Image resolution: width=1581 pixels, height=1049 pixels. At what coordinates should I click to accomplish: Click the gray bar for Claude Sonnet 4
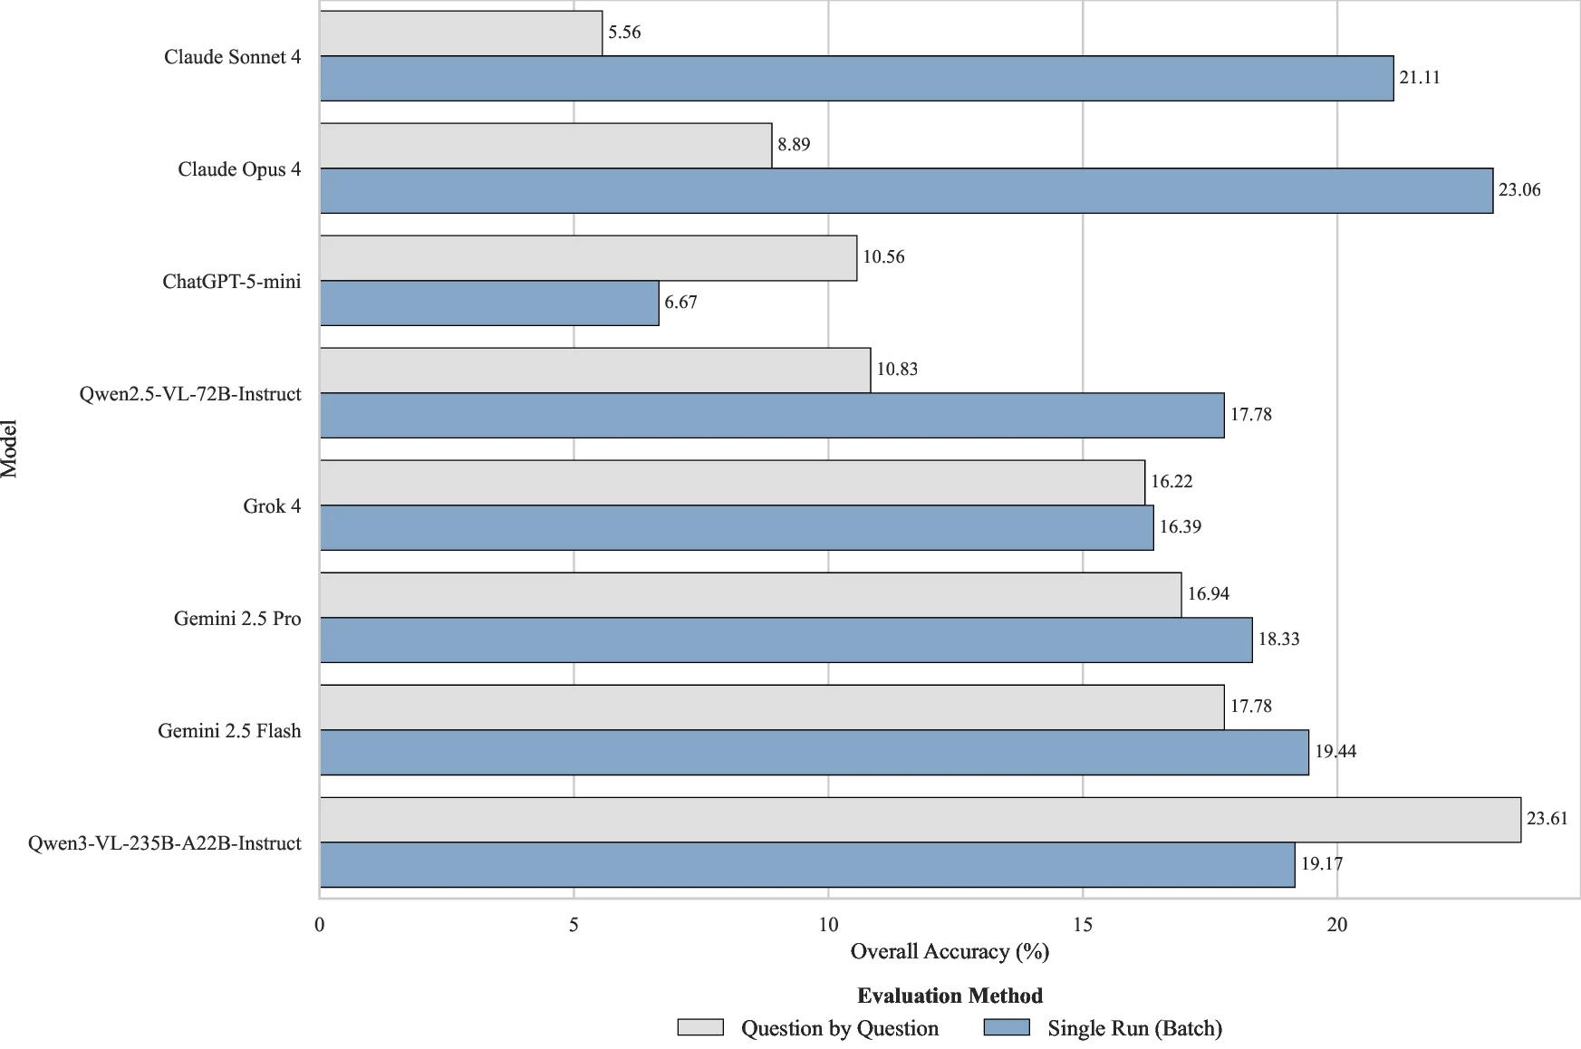(x=461, y=34)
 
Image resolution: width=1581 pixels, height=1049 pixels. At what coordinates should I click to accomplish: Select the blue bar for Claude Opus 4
(x=906, y=191)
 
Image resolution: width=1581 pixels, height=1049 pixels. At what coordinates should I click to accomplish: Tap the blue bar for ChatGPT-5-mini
(x=489, y=303)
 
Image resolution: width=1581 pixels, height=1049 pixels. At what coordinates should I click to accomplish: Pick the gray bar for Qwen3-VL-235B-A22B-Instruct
(x=920, y=820)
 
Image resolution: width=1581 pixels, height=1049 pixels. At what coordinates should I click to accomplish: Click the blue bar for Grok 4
(x=737, y=528)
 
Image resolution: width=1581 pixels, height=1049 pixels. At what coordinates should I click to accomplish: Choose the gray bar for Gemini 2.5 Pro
(x=750, y=595)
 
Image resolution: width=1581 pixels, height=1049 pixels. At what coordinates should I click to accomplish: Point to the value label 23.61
(x=1547, y=819)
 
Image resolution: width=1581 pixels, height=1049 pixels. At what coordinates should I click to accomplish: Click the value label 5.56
(x=624, y=33)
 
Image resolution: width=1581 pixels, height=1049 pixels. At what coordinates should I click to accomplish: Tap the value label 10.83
(x=897, y=370)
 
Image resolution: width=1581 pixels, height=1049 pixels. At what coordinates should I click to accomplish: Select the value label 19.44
(x=1335, y=752)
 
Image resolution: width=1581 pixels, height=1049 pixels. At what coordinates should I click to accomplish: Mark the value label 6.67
(x=680, y=303)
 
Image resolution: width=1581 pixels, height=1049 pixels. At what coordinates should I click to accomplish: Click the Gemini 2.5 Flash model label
(x=229, y=731)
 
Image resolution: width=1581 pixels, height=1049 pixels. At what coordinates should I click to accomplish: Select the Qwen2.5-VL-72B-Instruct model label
(x=190, y=394)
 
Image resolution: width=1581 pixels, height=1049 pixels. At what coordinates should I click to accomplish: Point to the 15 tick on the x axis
(x=1083, y=925)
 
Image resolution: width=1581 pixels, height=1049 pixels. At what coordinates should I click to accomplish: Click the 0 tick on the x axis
(x=320, y=925)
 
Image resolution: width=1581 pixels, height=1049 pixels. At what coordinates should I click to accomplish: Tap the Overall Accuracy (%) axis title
(x=950, y=952)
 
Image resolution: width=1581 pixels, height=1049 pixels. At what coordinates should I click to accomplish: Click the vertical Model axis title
(x=9, y=448)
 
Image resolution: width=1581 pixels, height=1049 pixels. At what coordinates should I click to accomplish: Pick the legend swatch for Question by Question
(x=700, y=1027)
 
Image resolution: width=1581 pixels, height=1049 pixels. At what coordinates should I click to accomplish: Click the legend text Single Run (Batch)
(x=1134, y=1028)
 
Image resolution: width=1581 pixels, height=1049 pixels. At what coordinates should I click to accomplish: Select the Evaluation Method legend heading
(x=950, y=996)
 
